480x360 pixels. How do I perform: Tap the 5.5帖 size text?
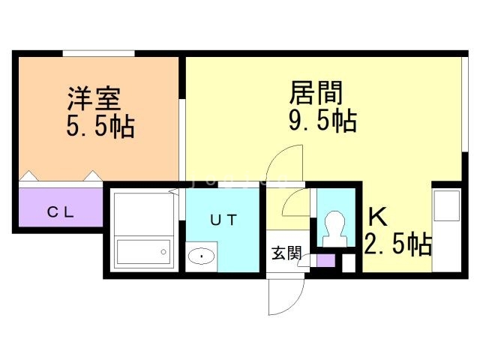[x=100, y=125]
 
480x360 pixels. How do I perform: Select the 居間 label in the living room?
[x=316, y=93]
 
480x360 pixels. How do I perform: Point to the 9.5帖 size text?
[x=322, y=120]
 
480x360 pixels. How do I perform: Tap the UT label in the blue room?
[x=223, y=220]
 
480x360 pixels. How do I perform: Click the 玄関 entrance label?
[x=286, y=253]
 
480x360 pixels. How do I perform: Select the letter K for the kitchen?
[x=377, y=217]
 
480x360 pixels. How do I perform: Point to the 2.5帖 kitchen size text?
[x=397, y=244]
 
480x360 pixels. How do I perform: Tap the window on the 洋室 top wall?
[x=98, y=52]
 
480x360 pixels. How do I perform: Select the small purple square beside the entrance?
[x=325, y=262]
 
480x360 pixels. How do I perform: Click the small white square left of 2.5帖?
[x=348, y=263]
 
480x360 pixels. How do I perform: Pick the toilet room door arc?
[x=297, y=200]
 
